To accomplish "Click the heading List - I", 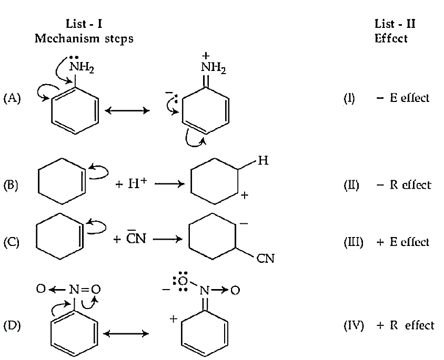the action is [84, 24].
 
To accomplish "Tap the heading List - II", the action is [395, 24].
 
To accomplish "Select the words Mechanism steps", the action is [84, 38].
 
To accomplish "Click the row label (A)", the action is [12, 98].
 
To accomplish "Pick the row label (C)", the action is [12, 242].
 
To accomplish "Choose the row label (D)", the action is [12, 325].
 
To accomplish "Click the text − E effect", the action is [403, 98].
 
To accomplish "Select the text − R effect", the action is [404, 185].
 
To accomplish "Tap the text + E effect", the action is [403, 242].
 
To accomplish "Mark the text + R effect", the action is [405, 325].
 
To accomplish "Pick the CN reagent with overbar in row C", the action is [136, 238].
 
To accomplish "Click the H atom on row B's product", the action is [263, 161].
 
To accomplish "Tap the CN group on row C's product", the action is [265, 259].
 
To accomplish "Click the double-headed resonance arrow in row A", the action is [127, 110].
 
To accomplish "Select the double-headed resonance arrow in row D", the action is [126, 334].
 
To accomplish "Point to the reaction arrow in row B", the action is [169, 184].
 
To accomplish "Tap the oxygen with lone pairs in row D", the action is [183, 281].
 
